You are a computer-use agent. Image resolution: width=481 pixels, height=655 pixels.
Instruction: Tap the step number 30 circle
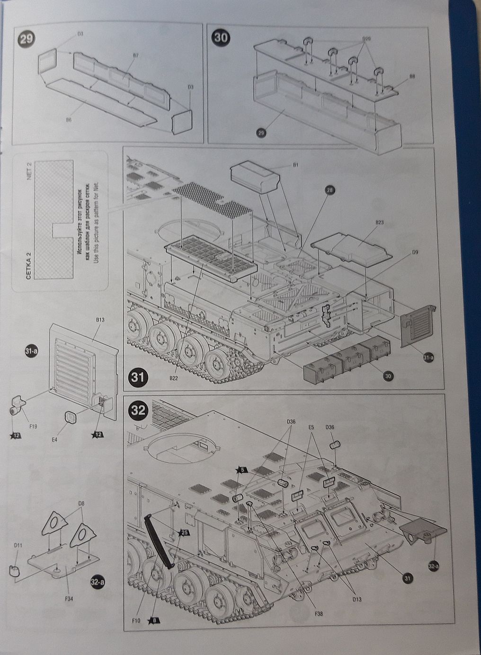tap(221, 38)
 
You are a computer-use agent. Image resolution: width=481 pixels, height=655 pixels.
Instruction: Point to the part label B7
tap(135, 56)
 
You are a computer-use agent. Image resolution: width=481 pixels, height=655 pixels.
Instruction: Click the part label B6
tap(69, 121)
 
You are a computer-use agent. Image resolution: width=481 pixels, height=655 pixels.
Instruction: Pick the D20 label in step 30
tap(366, 38)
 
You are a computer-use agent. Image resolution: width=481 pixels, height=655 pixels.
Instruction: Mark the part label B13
tap(100, 320)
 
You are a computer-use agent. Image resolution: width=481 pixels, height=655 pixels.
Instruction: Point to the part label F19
tap(34, 426)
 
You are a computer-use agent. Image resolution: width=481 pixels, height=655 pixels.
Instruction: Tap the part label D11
tap(18, 546)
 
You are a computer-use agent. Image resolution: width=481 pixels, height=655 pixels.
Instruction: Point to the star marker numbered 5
tap(241, 469)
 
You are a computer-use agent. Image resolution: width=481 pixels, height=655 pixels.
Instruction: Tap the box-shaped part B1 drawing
tap(255, 178)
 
